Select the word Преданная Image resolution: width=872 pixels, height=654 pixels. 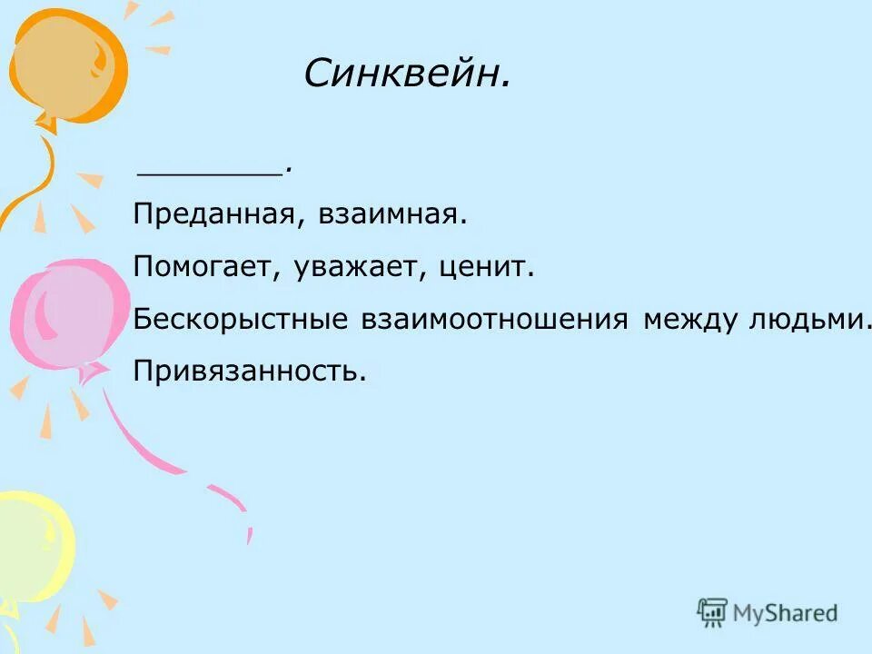pos(212,215)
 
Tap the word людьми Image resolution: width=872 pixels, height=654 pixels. pos(803,320)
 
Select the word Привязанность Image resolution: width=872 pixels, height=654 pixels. pos(250,372)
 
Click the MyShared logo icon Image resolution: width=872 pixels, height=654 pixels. pos(713,612)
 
